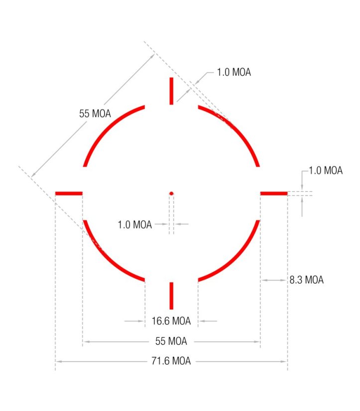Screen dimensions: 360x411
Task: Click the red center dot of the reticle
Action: pos(171,194)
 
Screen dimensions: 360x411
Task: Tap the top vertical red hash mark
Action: pos(171,91)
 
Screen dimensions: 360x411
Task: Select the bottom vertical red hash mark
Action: pos(171,296)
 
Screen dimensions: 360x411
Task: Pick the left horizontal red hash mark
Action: pos(69,194)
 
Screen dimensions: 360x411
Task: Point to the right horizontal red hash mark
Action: pos(274,194)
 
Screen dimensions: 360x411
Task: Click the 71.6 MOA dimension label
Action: pos(171,361)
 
